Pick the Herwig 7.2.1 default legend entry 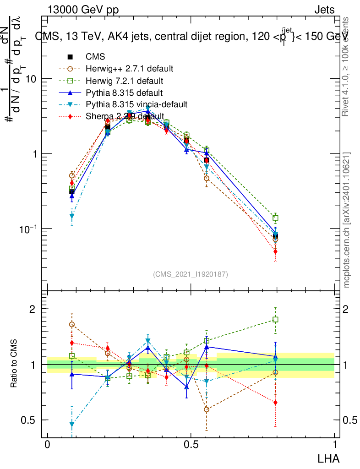tap(125, 81)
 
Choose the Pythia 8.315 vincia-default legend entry tap(136, 104)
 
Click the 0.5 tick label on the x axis tap(191, 445)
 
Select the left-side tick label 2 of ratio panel tap(33, 309)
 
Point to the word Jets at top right tap(324, 10)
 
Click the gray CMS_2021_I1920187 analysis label tap(191, 274)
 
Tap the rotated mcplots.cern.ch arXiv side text tap(347, 220)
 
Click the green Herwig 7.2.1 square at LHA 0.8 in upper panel tap(275, 218)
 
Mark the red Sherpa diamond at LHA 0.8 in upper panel tap(275, 251)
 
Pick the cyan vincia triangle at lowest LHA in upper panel tap(72, 216)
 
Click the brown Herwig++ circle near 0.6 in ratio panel tap(207, 409)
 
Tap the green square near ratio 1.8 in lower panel tap(275, 320)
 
